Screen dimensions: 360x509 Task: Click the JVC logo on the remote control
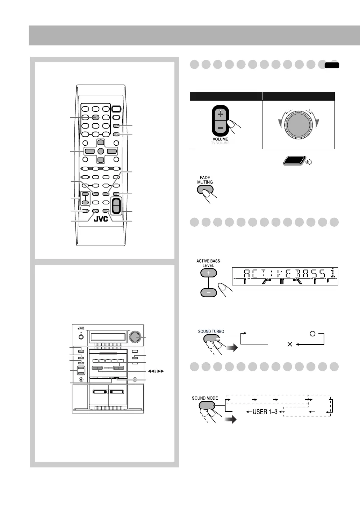click(101, 219)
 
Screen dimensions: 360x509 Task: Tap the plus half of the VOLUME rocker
click(220, 115)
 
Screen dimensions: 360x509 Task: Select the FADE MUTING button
click(205, 190)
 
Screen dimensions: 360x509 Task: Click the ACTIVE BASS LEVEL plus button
click(208, 273)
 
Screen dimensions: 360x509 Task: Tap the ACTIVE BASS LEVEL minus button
click(208, 292)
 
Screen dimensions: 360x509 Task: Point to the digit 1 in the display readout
click(333, 273)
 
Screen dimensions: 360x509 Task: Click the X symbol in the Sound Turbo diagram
click(289, 344)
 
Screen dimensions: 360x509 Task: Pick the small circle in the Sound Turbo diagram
click(312, 334)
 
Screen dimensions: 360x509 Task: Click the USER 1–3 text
click(265, 412)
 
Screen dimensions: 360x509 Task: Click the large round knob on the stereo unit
click(134, 337)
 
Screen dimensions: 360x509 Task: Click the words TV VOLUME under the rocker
click(220, 143)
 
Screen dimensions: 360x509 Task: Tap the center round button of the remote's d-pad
click(100, 151)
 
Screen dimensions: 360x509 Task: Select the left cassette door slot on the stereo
click(100, 392)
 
